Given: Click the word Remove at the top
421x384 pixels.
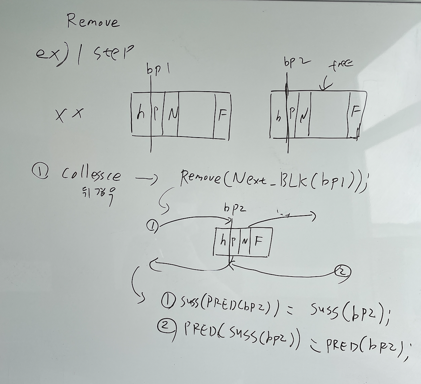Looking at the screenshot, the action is [93, 22].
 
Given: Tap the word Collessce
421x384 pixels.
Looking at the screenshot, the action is [92, 174].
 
